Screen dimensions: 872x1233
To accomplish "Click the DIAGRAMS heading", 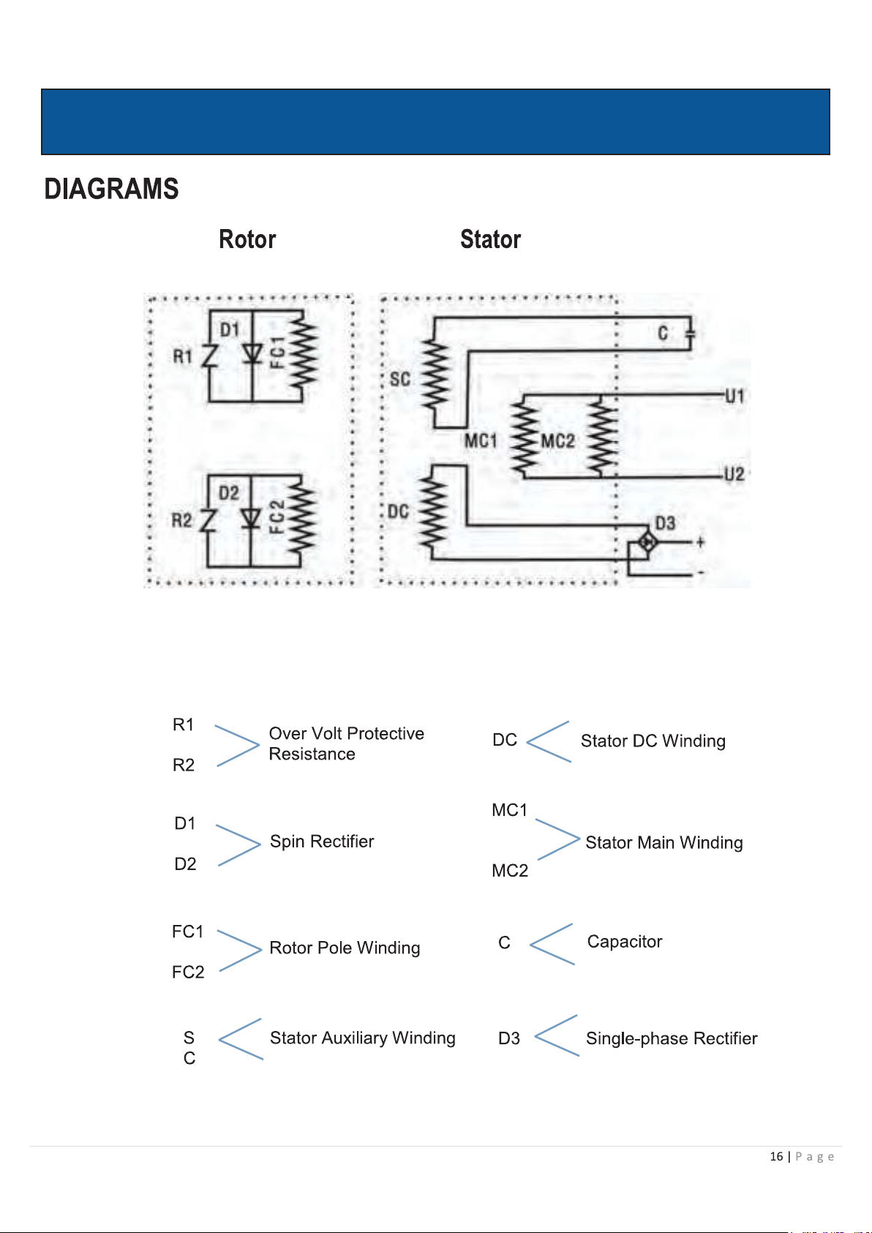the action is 111,189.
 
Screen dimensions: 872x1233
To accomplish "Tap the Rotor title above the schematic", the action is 247,239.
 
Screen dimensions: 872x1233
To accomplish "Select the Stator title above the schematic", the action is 490,239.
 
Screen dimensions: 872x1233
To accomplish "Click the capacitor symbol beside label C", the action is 690,333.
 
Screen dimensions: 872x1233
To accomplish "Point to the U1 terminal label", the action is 734,396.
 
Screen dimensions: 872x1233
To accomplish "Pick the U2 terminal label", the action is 734,474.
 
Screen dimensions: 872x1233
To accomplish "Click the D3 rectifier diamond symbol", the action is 647,543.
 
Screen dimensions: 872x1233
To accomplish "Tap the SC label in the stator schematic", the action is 400,379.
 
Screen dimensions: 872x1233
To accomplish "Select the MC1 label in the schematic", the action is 481,441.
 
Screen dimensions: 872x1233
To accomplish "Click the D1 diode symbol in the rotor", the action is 252,353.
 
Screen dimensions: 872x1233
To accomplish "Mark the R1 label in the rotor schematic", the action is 183,356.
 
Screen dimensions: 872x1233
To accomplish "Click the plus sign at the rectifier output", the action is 700,542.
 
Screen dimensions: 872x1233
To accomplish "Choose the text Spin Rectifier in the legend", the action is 322,842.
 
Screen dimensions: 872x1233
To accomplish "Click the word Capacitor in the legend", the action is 625,942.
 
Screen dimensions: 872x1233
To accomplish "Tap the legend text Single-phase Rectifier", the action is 672,1038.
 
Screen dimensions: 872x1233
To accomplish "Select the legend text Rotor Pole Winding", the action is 345,948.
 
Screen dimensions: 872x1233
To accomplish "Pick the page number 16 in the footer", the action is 776,1156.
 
